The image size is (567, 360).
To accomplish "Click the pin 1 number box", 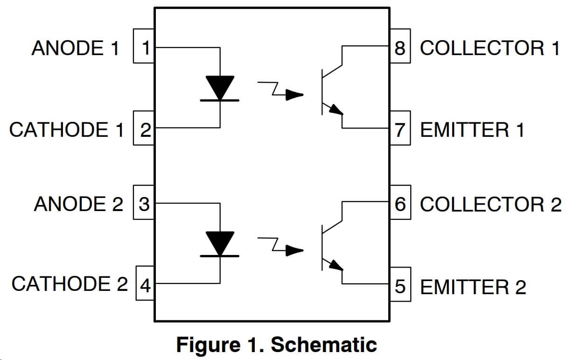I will click(x=144, y=47).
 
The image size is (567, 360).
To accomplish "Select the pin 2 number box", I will click(x=144, y=128).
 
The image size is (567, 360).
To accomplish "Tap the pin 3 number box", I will click(x=144, y=204).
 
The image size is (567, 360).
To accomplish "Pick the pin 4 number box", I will click(x=145, y=284).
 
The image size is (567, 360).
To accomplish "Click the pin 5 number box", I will click(x=400, y=285).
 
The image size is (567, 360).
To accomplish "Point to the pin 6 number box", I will click(x=400, y=204).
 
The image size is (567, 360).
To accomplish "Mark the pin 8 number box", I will click(x=400, y=47).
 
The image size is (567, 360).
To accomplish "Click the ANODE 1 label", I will click(x=75, y=48).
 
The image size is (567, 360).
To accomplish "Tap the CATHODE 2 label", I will click(x=69, y=284).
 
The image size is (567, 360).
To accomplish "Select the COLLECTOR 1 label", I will click(x=490, y=48).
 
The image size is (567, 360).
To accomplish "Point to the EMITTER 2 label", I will click(x=473, y=287).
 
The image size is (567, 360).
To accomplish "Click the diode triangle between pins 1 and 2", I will click(x=220, y=87).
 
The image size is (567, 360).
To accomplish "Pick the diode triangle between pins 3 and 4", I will click(x=220, y=243).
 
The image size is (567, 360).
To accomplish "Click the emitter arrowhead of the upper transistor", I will click(x=336, y=110).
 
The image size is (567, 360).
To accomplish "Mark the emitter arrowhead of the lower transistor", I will click(x=336, y=265).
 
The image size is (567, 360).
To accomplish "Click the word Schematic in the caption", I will click(x=324, y=345).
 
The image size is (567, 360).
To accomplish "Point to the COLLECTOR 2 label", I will click(x=490, y=205).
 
